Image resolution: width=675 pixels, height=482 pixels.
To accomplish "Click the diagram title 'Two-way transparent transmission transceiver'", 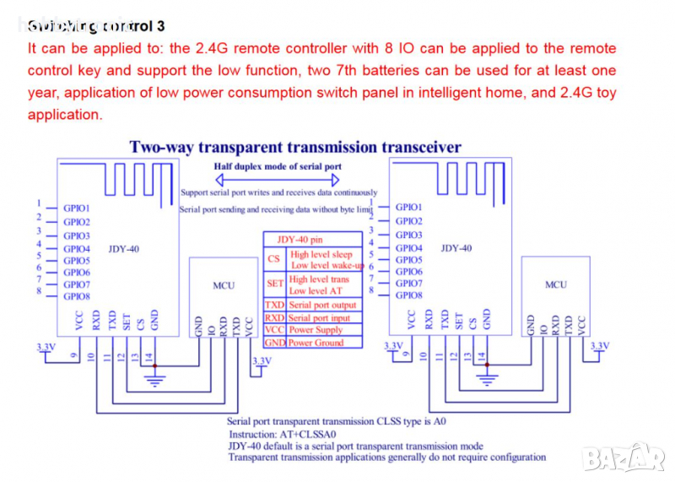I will [295, 147].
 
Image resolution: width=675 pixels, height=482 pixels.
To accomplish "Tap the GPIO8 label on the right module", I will [408, 295].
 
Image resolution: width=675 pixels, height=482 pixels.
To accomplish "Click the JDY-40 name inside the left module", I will [124, 249].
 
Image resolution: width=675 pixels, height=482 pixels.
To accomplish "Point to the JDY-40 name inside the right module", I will [456, 248].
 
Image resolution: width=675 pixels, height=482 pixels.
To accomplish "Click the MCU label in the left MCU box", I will [224, 285].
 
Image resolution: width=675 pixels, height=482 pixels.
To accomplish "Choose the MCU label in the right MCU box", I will [555, 284].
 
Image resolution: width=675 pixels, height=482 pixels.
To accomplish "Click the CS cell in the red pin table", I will [273, 259].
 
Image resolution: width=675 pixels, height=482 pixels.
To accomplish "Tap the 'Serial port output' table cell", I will [322, 305].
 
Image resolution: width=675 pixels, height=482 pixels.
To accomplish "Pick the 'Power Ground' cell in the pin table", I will [316, 343].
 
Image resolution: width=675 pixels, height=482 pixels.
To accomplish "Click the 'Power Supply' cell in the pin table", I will [316, 330].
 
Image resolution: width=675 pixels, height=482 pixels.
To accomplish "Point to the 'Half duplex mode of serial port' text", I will [278, 166].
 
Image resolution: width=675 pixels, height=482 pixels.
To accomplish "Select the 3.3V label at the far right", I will [599, 346].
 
